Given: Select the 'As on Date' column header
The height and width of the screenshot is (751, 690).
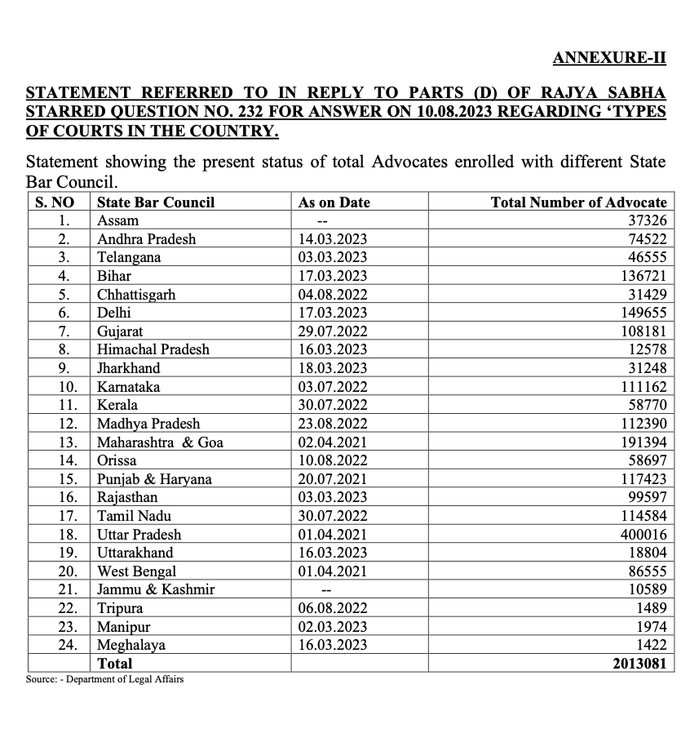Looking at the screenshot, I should click(x=334, y=202).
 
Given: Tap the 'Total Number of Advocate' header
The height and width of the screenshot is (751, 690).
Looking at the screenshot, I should click(x=578, y=202).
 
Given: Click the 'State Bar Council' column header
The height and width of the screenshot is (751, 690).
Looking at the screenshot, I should click(x=156, y=202).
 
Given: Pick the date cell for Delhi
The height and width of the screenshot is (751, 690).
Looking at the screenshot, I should click(x=333, y=313).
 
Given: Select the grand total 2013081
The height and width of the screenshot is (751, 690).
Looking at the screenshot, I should click(x=639, y=664).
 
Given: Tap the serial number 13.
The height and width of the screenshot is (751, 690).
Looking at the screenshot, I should click(x=69, y=442).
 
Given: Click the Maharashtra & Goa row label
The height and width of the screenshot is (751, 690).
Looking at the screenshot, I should click(x=160, y=442).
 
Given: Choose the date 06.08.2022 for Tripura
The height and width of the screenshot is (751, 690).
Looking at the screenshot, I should click(x=333, y=608).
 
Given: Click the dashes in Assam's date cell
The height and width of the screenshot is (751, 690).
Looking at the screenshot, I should click(x=322, y=221).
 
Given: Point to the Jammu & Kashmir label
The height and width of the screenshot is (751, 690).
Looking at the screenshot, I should click(x=156, y=589).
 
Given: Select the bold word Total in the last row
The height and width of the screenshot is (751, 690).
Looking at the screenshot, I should click(x=115, y=664).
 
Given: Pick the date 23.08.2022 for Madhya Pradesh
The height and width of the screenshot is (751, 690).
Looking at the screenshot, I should click(x=333, y=424).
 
